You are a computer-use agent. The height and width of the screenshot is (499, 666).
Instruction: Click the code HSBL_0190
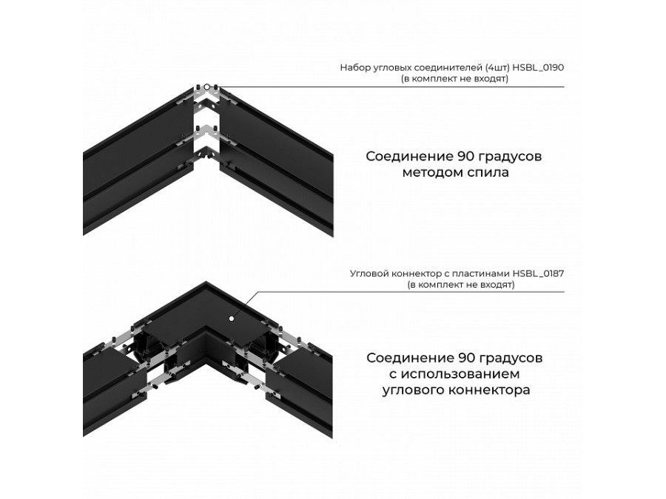point(538,67)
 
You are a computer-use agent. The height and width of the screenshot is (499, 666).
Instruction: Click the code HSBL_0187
point(538,274)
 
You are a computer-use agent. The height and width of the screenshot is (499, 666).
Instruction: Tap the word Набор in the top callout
point(353,67)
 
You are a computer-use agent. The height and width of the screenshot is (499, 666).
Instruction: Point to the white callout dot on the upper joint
point(207,87)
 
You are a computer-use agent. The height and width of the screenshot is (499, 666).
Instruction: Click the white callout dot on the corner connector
point(231,318)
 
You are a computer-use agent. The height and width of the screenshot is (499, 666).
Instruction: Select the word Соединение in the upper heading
point(409,157)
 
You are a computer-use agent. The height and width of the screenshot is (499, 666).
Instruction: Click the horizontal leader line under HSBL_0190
point(391,87)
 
